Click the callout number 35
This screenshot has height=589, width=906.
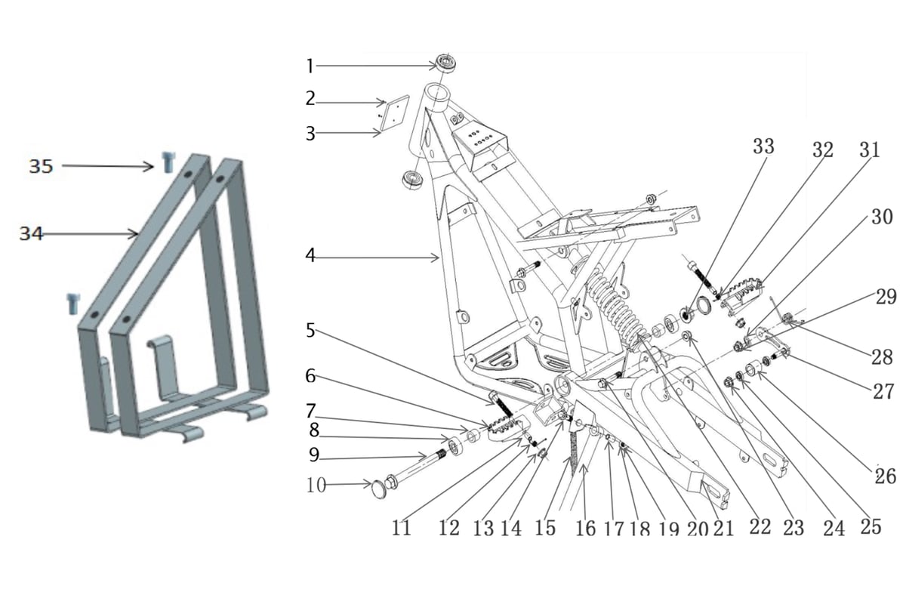pyautogui.click(x=41, y=166)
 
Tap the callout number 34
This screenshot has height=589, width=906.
pyautogui.click(x=31, y=234)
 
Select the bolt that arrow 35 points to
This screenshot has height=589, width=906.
pyautogui.click(x=168, y=162)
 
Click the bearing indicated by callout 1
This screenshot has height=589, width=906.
pyautogui.click(x=445, y=63)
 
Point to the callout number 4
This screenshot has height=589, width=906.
pyautogui.click(x=310, y=256)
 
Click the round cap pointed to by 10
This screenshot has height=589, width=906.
pyautogui.click(x=379, y=489)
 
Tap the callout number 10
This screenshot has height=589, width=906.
pyautogui.click(x=316, y=485)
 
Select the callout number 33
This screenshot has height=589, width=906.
pyautogui.click(x=763, y=146)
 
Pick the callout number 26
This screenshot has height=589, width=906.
pyautogui.click(x=886, y=476)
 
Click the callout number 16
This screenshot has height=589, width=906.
pyautogui.click(x=586, y=529)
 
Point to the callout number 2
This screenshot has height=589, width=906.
pyautogui.click(x=310, y=99)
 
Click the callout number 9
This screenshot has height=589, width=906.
pyautogui.click(x=314, y=455)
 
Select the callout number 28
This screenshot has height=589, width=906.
pyautogui.click(x=883, y=357)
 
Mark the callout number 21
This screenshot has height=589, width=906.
pyautogui.click(x=723, y=529)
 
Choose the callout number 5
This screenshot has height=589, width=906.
pyautogui.click(x=310, y=331)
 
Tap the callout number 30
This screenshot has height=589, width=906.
pyautogui.click(x=882, y=217)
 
